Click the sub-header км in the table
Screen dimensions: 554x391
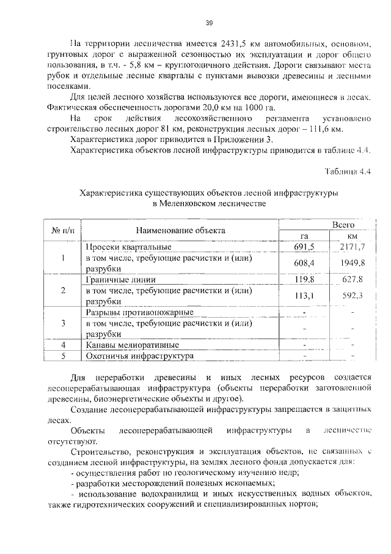point(352,236)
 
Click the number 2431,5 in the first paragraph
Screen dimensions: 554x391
point(226,43)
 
